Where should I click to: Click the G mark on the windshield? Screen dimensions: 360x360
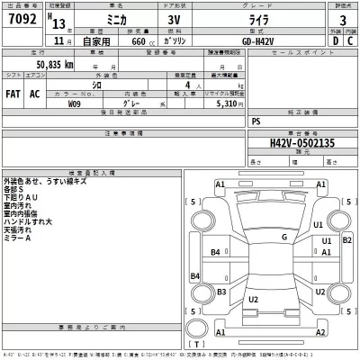tap(283, 237)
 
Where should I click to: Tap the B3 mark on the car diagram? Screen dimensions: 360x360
tap(221, 292)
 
